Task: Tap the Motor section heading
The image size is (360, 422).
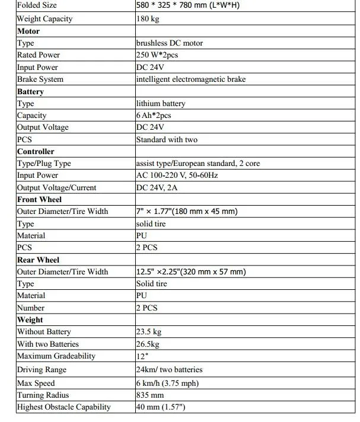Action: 28,31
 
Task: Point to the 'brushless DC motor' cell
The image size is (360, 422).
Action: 169,43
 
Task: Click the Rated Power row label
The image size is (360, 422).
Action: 39,55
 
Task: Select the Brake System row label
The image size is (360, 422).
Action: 40,79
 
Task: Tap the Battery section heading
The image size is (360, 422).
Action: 31,92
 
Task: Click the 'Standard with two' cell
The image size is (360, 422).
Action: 167,140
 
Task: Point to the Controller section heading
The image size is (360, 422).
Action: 36,152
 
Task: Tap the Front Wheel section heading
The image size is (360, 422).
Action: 39,200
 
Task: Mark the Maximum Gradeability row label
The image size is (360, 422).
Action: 56,356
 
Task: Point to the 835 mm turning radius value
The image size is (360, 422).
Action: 149,395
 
